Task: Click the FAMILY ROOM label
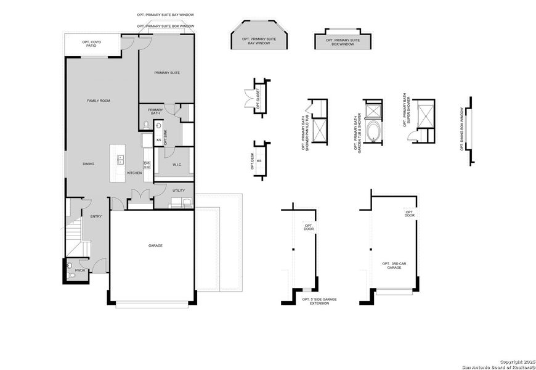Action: pyautogui.click(x=99, y=101)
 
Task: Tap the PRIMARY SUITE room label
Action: pyautogui.click(x=167, y=73)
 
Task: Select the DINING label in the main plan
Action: pyautogui.click(x=89, y=164)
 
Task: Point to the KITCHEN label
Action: pyautogui.click(x=134, y=173)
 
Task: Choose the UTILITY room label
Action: pyautogui.click(x=179, y=191)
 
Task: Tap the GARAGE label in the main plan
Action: pyautogui.click(x=155, y=245)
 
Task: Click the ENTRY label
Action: pyautogui.click(x=96, y=216)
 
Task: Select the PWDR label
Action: pyautogui.click(x=80, y=270)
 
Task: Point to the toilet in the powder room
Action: pyautogui.click(x=70, y=266)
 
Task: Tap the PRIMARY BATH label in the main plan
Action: pyautogui.click(x=155, y=112)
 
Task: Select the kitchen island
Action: pyautogui.click(x=117, y=163)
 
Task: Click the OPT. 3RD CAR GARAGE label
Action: pyautogui.click(x=394, y=266)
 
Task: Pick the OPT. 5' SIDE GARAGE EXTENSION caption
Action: pyautogui.click(x=319, y=301)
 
